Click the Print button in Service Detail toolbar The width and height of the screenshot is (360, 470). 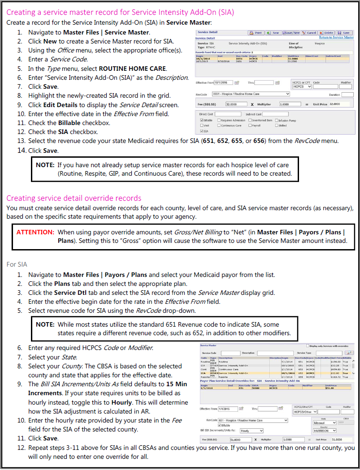[256, 33]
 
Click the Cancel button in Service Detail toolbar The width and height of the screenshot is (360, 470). [309, 33]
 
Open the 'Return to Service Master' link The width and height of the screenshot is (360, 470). [336, 38]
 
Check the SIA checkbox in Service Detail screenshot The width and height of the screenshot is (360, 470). [201, 131]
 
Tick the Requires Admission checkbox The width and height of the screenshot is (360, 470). [219, 120]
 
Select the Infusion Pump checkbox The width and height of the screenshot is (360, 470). [277, 120]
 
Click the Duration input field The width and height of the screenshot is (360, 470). [347, 95]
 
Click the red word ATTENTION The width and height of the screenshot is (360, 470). [35, 233]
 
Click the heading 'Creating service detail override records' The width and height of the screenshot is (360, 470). [74, 198]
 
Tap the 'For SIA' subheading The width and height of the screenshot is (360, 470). [17, 264]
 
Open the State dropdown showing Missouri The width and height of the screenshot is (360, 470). [325, 423]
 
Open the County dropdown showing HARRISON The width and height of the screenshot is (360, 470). [325, 431]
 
